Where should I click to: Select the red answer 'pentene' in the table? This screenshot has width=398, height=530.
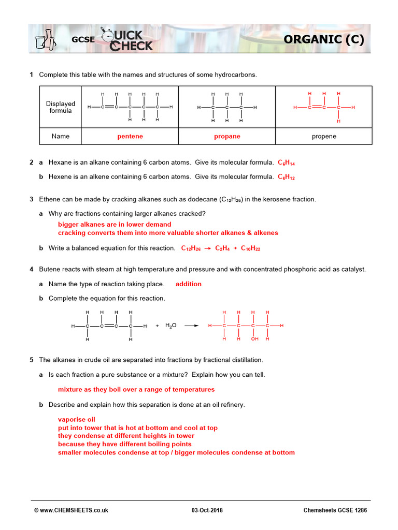[x=130, y=137]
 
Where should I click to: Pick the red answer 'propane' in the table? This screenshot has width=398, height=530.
[x=227, y=137]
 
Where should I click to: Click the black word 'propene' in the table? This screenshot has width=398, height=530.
[x=324, y=137]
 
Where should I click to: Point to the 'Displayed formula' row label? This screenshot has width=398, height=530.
[x=61, y=107]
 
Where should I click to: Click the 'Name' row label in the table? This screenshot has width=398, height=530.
[x=61, y=137]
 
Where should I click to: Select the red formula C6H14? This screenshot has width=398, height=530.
[x=287, y=163]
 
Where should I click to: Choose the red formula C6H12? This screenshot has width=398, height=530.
[x=287, y=176]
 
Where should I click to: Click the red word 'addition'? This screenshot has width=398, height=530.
[x=189, y=284]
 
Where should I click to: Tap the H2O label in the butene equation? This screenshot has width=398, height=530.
[x=171, y=326]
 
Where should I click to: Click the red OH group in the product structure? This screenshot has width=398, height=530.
[x=254, y=339]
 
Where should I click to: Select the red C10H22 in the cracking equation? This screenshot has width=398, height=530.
[x=250, y=248]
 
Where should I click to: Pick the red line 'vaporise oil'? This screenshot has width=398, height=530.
[x=77, y=420]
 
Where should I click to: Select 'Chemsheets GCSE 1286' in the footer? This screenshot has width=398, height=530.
[x=335, y=510]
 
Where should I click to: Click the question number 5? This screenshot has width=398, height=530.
[x=32, y=360]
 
